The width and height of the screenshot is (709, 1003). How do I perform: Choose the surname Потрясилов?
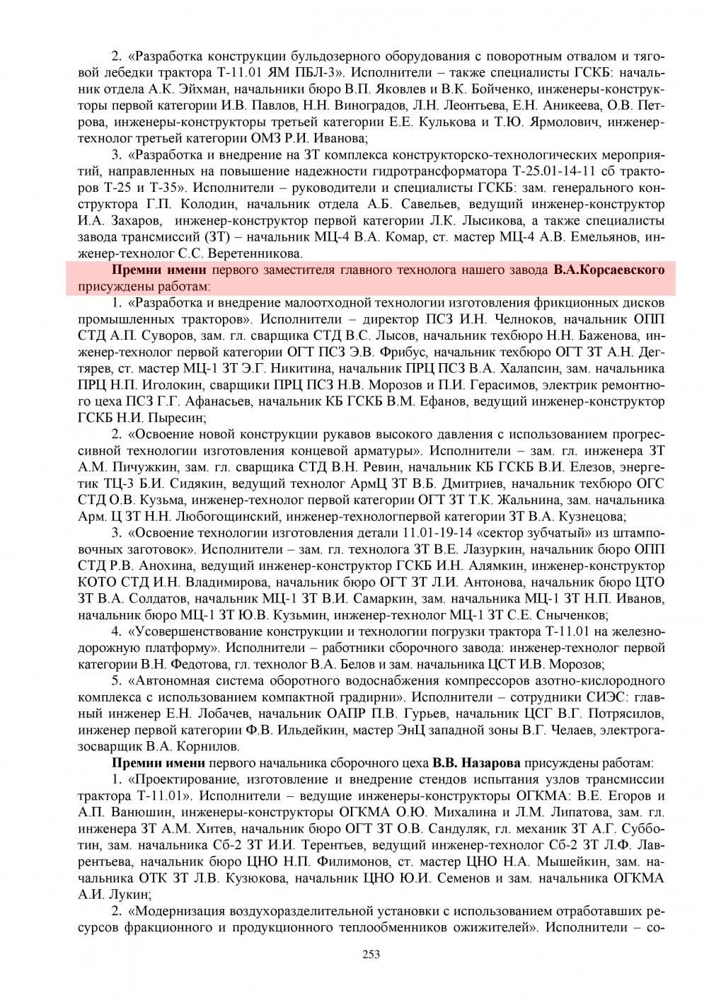click(623, 713)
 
